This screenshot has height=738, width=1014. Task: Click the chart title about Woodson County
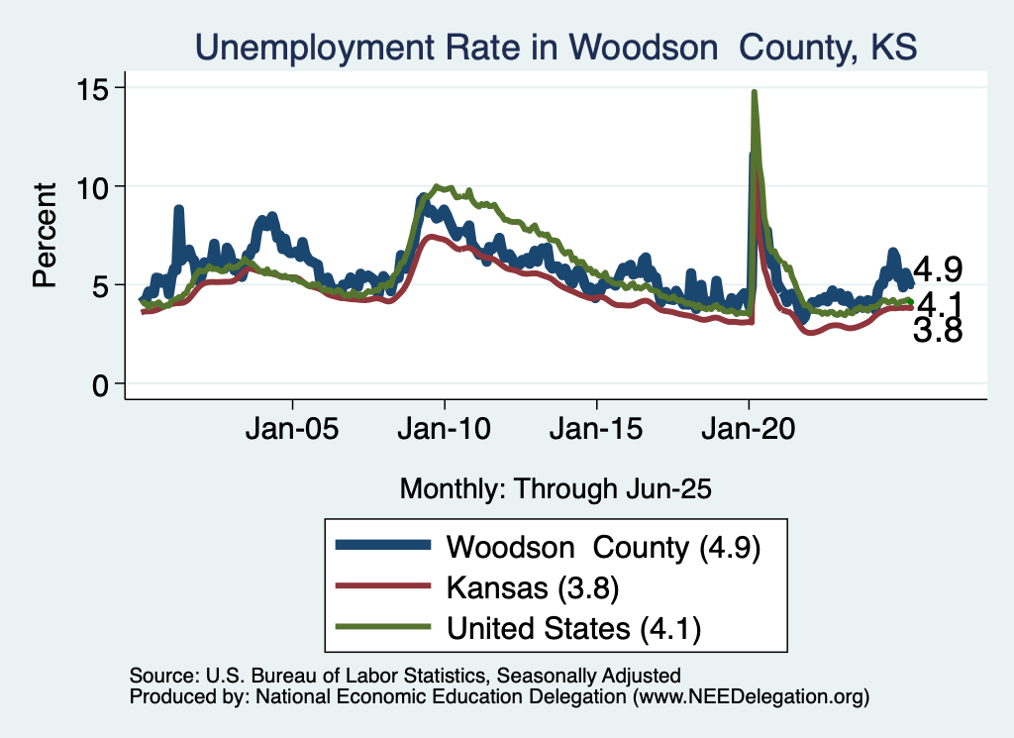(x=557, y=47)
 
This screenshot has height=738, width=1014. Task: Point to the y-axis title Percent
(x=45, y=235)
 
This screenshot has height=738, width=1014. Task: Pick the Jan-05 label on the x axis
(x=293, y=432)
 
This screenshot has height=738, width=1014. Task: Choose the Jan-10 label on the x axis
(x=445, y=432)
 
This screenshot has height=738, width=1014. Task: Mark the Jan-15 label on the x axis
(x=596, y=432)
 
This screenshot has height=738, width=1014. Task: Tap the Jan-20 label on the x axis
(x=749, y=432)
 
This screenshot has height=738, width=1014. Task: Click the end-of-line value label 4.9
(x=939, y=268)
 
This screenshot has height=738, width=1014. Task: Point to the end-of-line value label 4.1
(x=939, y=302)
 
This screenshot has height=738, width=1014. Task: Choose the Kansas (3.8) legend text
(x=533, y=587)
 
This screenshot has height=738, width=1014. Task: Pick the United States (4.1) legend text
(x=579, y=627)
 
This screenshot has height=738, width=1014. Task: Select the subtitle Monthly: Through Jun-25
(x=556, y=488)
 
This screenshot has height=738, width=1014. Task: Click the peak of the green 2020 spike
(x=755, y=92)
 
